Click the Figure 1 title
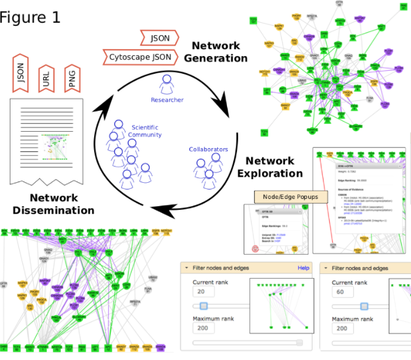tap(30, 17)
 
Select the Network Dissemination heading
tap(54, 204)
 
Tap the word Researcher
tap(167, 100)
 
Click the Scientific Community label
tap(145, 131)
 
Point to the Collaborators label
tap(208, 150)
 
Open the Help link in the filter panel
tap(303, 268)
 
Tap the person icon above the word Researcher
tap(167, 83)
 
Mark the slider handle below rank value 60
tap(364, 305)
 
